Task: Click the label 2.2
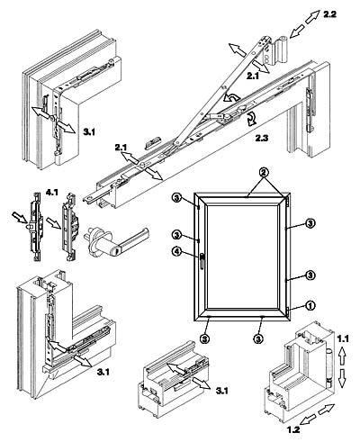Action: point(330,14)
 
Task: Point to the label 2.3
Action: point(262,138)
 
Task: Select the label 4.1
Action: point(51,193)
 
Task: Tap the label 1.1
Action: point(343,338)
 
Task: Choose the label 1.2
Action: point(293,429)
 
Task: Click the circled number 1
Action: point(310,306)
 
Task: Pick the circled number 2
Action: point(264,172)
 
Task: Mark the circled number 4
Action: point(176,250)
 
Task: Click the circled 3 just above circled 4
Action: point(176,235)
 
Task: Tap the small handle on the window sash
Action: point(202,260)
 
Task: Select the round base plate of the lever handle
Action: point(95,240)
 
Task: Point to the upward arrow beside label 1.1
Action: point(342,356)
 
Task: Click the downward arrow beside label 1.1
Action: point(342,378)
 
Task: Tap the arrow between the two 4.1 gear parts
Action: point(52,223)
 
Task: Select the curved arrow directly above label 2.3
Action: point(251,119)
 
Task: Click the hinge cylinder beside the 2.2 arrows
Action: point(281,50)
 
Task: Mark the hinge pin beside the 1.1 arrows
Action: point(329,367)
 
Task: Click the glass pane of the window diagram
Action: point(244,256)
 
